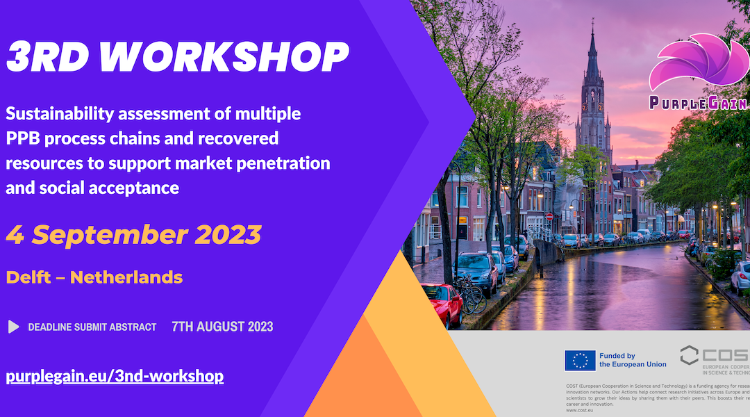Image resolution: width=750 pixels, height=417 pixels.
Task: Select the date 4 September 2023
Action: pyautogui.click(x=133, y=234)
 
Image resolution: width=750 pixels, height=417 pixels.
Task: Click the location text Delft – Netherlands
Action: pyautogui.click(x=94, y=277)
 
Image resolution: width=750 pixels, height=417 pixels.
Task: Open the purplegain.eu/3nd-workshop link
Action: pyautogui.click(x=115, y=377)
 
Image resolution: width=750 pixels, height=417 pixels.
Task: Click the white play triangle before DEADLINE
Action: pyautogui.click(x=13, y=327)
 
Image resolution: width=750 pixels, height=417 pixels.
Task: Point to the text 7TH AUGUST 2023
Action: pyautogui.click(x=222, y=327)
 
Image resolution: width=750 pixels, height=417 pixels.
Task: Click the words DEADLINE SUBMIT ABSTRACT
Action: pyautogui.click(x=92, y=327)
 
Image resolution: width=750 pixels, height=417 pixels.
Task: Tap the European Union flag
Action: pyautogui.click(x=579, y=360)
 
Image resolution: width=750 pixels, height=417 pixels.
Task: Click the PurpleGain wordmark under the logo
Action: pyautogui.click(x=698, y=103)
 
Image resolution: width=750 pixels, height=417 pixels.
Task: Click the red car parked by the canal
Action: pyautogui.click(x=442, y=302)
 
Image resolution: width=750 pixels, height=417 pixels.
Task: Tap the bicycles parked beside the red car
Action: pyautogui.click(x=472, y=295)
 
